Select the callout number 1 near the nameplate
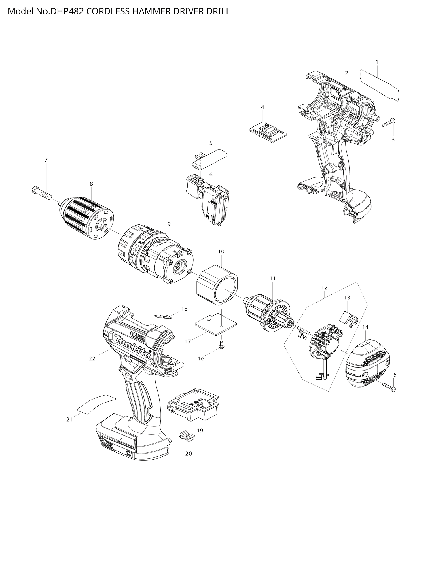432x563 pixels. tap(377, 62)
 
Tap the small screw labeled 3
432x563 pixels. tap(389, 123)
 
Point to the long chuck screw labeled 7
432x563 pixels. tap(41, 192)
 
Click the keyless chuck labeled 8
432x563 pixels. tap(88, 218)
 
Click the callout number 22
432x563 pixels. tap(92, 359)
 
